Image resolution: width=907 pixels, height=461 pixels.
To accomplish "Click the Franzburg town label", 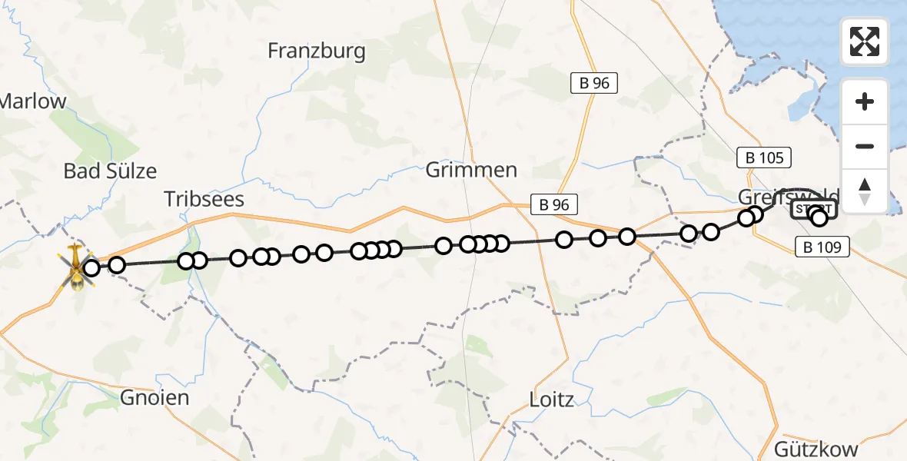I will point(317,51).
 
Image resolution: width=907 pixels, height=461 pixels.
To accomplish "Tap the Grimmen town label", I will point(472,170).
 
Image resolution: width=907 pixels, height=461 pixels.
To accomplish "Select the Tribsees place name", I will point(204,200).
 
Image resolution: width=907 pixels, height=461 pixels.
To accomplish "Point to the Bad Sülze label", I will point(110,171).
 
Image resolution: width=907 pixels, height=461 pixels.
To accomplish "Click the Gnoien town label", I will point(154,397).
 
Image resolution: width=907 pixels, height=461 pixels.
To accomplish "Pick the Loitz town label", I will point(551,399).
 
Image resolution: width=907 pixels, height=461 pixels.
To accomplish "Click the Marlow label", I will point(34,101).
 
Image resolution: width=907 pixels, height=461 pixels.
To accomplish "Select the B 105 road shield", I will point(764,158).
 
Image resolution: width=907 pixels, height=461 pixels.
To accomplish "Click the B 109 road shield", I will point(821,247).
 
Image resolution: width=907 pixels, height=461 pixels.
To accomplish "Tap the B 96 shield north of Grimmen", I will point(594,83).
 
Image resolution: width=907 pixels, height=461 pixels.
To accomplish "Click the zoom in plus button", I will point(865,101).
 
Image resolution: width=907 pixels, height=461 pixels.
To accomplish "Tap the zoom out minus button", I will point(865,146).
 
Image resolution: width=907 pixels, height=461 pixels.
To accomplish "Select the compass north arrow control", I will point(865,191).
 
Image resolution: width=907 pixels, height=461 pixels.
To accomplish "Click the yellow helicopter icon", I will point(77,268).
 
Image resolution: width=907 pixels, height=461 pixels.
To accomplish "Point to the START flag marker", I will point(812,209).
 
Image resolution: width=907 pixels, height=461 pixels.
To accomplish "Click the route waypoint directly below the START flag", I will point(819,218).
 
